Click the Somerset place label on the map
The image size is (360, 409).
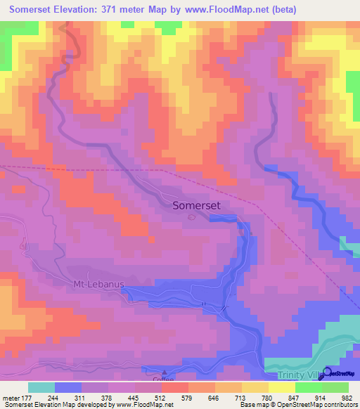[x=197, y=204]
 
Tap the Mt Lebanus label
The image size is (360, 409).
[x=98, y=285]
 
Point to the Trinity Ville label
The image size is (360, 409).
[x=295, y=375]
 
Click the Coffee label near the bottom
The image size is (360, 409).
[x=163, y=380]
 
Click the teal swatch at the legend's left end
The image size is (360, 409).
[x=41, y=387]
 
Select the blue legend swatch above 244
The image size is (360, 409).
[x=68, y=387]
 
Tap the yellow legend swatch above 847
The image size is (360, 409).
[x=281, y=387]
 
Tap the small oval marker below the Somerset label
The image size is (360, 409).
[x=193, y=216]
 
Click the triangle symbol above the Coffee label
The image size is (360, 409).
[x=165, y=372]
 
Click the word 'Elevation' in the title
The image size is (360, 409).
[x=83, y=9]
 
